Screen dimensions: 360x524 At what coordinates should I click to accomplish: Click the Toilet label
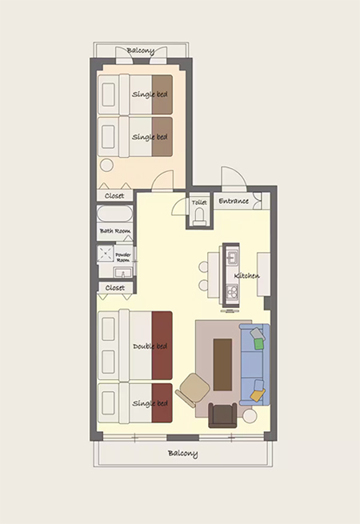pos(199,202)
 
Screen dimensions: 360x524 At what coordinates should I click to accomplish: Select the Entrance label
pos(234,201)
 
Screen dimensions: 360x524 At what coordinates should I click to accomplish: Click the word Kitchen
pos(246,276)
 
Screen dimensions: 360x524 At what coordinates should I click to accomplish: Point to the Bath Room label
pos(115,231)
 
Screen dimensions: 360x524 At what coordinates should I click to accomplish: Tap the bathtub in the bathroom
pos(114,214)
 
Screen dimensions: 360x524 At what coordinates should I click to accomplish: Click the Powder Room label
pos(123,258)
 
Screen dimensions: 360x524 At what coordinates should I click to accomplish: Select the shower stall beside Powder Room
pos(106,254)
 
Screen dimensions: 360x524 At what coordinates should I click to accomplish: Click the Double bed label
pos(150,346)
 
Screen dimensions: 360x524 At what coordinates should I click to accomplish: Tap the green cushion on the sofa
pos(259,344)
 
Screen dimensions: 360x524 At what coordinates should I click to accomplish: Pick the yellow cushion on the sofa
pos(258,395)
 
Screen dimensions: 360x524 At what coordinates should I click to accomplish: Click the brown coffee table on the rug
pos(222,365)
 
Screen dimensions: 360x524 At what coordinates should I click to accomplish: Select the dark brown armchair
pos(222,415)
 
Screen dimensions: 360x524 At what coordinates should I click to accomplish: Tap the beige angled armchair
pos(193,390)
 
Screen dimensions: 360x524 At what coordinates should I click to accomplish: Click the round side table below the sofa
pos(250,416)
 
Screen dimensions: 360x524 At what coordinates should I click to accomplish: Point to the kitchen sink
pos(232,258)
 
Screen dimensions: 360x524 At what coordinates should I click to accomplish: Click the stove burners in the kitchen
pos(231,292)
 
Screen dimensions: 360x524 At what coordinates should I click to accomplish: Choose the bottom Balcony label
pos(183,454)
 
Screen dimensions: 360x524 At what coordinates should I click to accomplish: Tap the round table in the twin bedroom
pos(107,165)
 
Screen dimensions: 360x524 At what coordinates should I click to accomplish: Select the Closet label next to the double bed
pos(115,288)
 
